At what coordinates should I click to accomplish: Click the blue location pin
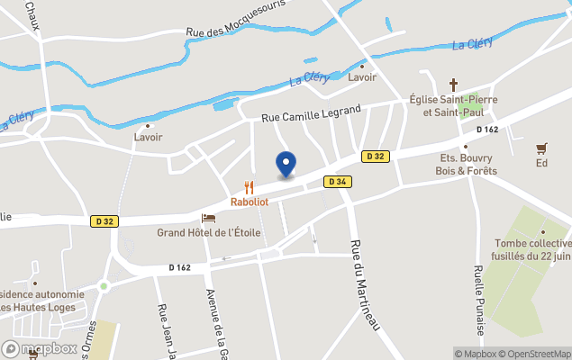coord(286,164)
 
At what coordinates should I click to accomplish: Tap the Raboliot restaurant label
coord(250,202)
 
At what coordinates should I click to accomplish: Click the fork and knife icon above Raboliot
coord(250,188)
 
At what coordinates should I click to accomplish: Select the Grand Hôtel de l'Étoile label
coord(209,232)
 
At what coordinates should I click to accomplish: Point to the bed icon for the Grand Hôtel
coord(209,219)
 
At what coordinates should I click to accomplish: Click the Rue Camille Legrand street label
coord(311,113)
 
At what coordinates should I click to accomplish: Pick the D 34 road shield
coord(338,182)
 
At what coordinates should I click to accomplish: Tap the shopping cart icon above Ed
coord(541,148)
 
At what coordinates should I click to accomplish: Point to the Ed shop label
coord(541,163)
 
